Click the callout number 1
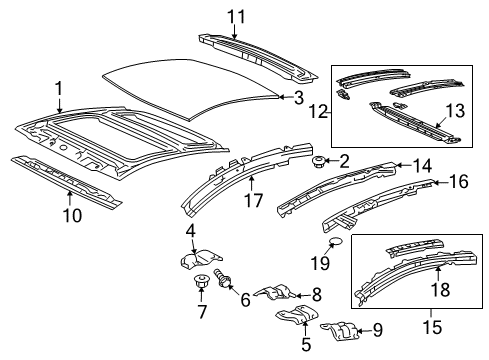point(59,88)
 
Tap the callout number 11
point(235,15)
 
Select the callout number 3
point(297,97)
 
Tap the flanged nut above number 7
point(200,280)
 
